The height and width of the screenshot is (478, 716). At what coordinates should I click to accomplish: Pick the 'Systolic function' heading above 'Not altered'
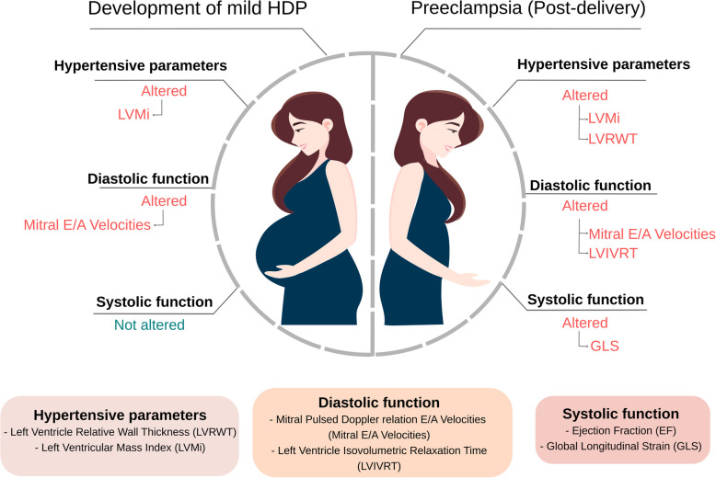(x=155, y=302)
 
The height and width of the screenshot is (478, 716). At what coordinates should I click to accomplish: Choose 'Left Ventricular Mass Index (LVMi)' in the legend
(x=117, y=447)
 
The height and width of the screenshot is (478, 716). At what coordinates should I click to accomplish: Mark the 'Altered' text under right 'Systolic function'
(x=584, y=323)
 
